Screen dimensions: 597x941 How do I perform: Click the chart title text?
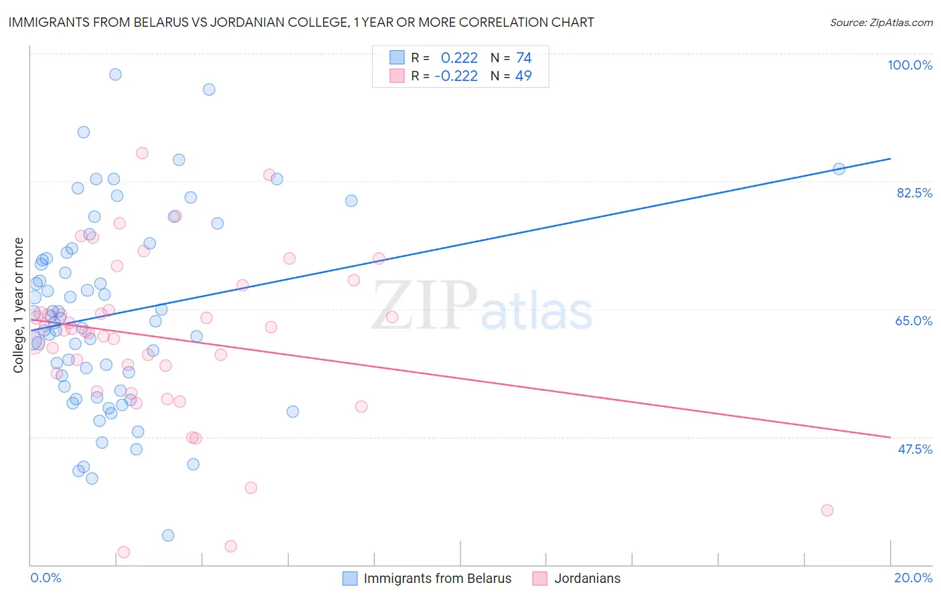[x=301, y=23]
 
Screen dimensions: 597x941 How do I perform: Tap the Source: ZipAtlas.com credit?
[x=881, y=23]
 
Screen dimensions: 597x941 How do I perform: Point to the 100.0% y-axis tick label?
[x=910, y=65]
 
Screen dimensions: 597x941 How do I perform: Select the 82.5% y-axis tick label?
[x=914, y=193]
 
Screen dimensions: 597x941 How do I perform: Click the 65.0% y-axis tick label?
[x=914, y=321]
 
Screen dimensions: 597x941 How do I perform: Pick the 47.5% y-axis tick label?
[x=914, y=449]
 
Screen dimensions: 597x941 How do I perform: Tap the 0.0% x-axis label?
[x=46, y=578]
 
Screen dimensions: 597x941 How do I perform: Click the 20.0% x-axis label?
[x=913, y=578]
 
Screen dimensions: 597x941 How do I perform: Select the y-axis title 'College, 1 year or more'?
[x=19, y=305]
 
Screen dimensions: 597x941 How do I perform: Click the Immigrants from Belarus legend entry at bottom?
[x=436, y=578]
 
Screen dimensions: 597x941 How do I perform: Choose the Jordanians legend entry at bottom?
[x=586, y=578]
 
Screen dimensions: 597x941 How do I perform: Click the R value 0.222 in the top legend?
[x=459, y=58]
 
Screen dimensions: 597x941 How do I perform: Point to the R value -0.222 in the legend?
[x=456, y=76]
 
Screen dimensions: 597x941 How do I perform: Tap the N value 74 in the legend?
[x=523, y=58]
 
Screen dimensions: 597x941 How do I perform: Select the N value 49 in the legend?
[x=523, y=76]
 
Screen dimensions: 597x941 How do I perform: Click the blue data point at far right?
[x=839, y=169]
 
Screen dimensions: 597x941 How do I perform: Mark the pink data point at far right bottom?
[x=827, y=510]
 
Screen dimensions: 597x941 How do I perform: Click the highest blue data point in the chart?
[x=115, y=74]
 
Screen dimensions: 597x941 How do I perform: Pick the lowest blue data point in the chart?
[x=168, y=535]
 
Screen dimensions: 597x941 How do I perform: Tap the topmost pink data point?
[x=142, y=153]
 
